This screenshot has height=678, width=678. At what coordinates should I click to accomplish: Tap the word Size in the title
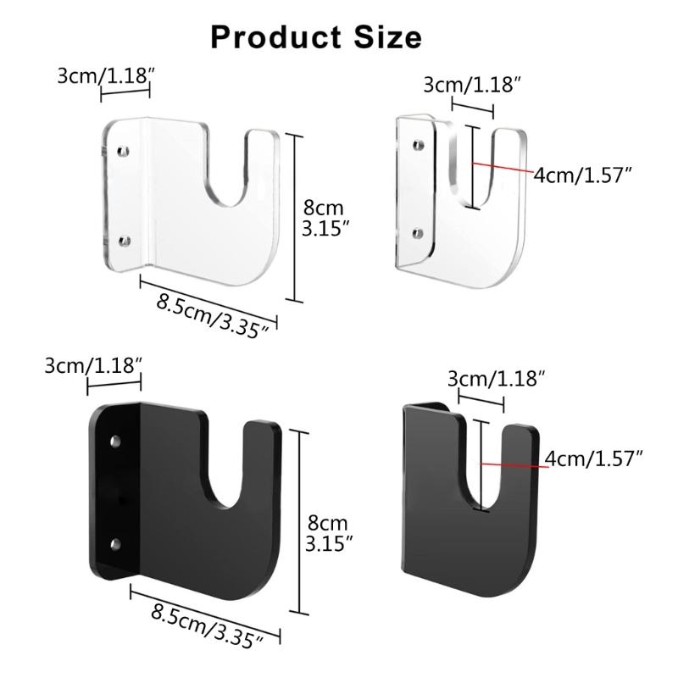pyautogui.click(x=386, y=36)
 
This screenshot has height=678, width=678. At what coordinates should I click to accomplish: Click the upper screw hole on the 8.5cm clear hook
pyautogui.click(x=124, y=151)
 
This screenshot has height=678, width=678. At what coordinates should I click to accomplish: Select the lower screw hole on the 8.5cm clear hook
pyautogui.click(x=124, y=242)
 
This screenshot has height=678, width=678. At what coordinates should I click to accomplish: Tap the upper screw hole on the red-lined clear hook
pyautogui.click(x=417, y=146)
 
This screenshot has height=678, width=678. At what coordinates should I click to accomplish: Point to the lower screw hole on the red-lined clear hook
pyautogui.click(x=417, y=231)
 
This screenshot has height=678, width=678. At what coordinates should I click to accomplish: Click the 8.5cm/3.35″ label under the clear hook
pyautogui.click(x=214, y=311)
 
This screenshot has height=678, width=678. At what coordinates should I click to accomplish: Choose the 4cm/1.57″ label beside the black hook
pyautogui.click(x=594, y=458)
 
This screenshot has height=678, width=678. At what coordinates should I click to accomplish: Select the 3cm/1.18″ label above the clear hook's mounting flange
pyautogui.click(x=103, y=75)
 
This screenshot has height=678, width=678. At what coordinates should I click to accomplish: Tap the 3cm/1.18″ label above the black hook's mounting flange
pyautogui.click(x=92, y=365)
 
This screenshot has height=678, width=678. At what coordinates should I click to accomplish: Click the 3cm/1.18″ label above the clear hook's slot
pyautogui.click(x=471, y=85)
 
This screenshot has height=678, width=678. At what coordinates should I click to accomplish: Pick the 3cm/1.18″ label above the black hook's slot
pyautogui.click(x=495, y=378)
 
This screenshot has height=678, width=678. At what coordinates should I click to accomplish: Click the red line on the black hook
pyautogui.click(x=514, y=463)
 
